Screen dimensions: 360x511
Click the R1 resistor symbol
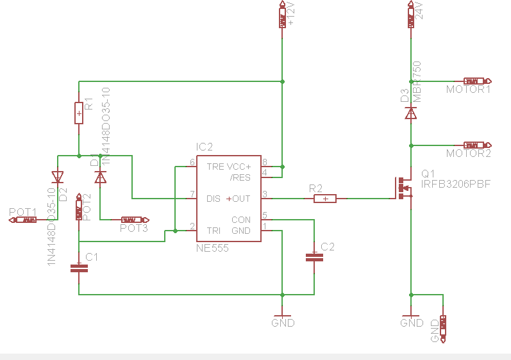coord(79,113)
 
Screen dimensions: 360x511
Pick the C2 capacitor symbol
coord(314,257)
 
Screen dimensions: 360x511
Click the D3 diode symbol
coord(410,113)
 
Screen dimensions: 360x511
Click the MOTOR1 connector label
coord(468,90)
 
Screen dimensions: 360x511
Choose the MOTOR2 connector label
coord(468,154)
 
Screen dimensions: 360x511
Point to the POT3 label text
coord(134,228)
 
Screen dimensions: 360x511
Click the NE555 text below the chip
coord(212,248)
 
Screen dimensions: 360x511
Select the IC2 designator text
coord(205,147)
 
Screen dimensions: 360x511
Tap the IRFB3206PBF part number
coord(456,184)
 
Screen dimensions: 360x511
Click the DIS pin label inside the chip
coord(214,199)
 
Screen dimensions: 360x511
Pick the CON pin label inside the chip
coord(241,220)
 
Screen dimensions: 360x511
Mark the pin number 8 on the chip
coord(264,163)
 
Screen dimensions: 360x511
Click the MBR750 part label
coord(417,81)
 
